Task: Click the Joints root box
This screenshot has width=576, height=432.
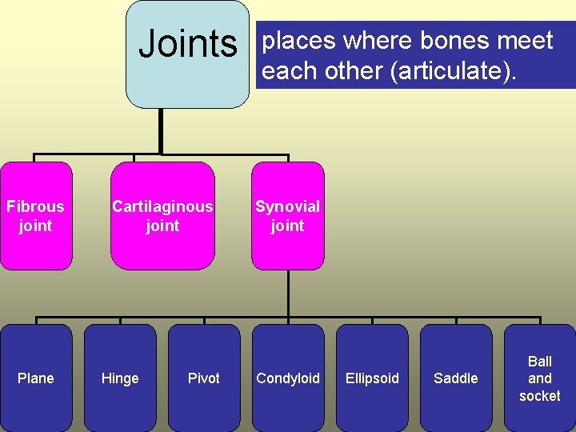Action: tap(189, 54)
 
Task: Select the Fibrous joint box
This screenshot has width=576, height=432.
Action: tap(36, 216)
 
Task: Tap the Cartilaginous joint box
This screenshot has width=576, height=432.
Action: tap(162, 216)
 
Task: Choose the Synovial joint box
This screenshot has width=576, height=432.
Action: tap(287, 216)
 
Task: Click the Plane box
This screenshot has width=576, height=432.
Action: tap(36, 378)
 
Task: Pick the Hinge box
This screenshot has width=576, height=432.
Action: tap(120, 378)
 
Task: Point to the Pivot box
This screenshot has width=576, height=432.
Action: tap(204, 378)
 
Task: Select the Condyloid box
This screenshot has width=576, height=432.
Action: tap(288, 378)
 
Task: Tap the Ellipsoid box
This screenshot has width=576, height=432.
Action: tap(372, 378)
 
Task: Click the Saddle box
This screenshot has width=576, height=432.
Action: tap(456, 378)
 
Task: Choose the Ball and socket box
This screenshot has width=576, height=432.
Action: tap(540, 378)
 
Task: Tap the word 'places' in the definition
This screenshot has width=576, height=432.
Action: tap(299, 42)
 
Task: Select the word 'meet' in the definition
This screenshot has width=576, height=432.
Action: tap(526, 41)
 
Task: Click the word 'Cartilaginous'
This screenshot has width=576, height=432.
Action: tap(162, 206)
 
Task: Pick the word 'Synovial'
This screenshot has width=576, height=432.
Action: tap(287, 206)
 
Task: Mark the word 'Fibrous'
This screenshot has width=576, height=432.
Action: tap(35, 206)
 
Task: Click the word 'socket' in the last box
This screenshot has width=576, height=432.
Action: tap(540, 396)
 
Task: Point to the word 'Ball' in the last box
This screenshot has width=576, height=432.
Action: tap(540, 362)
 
